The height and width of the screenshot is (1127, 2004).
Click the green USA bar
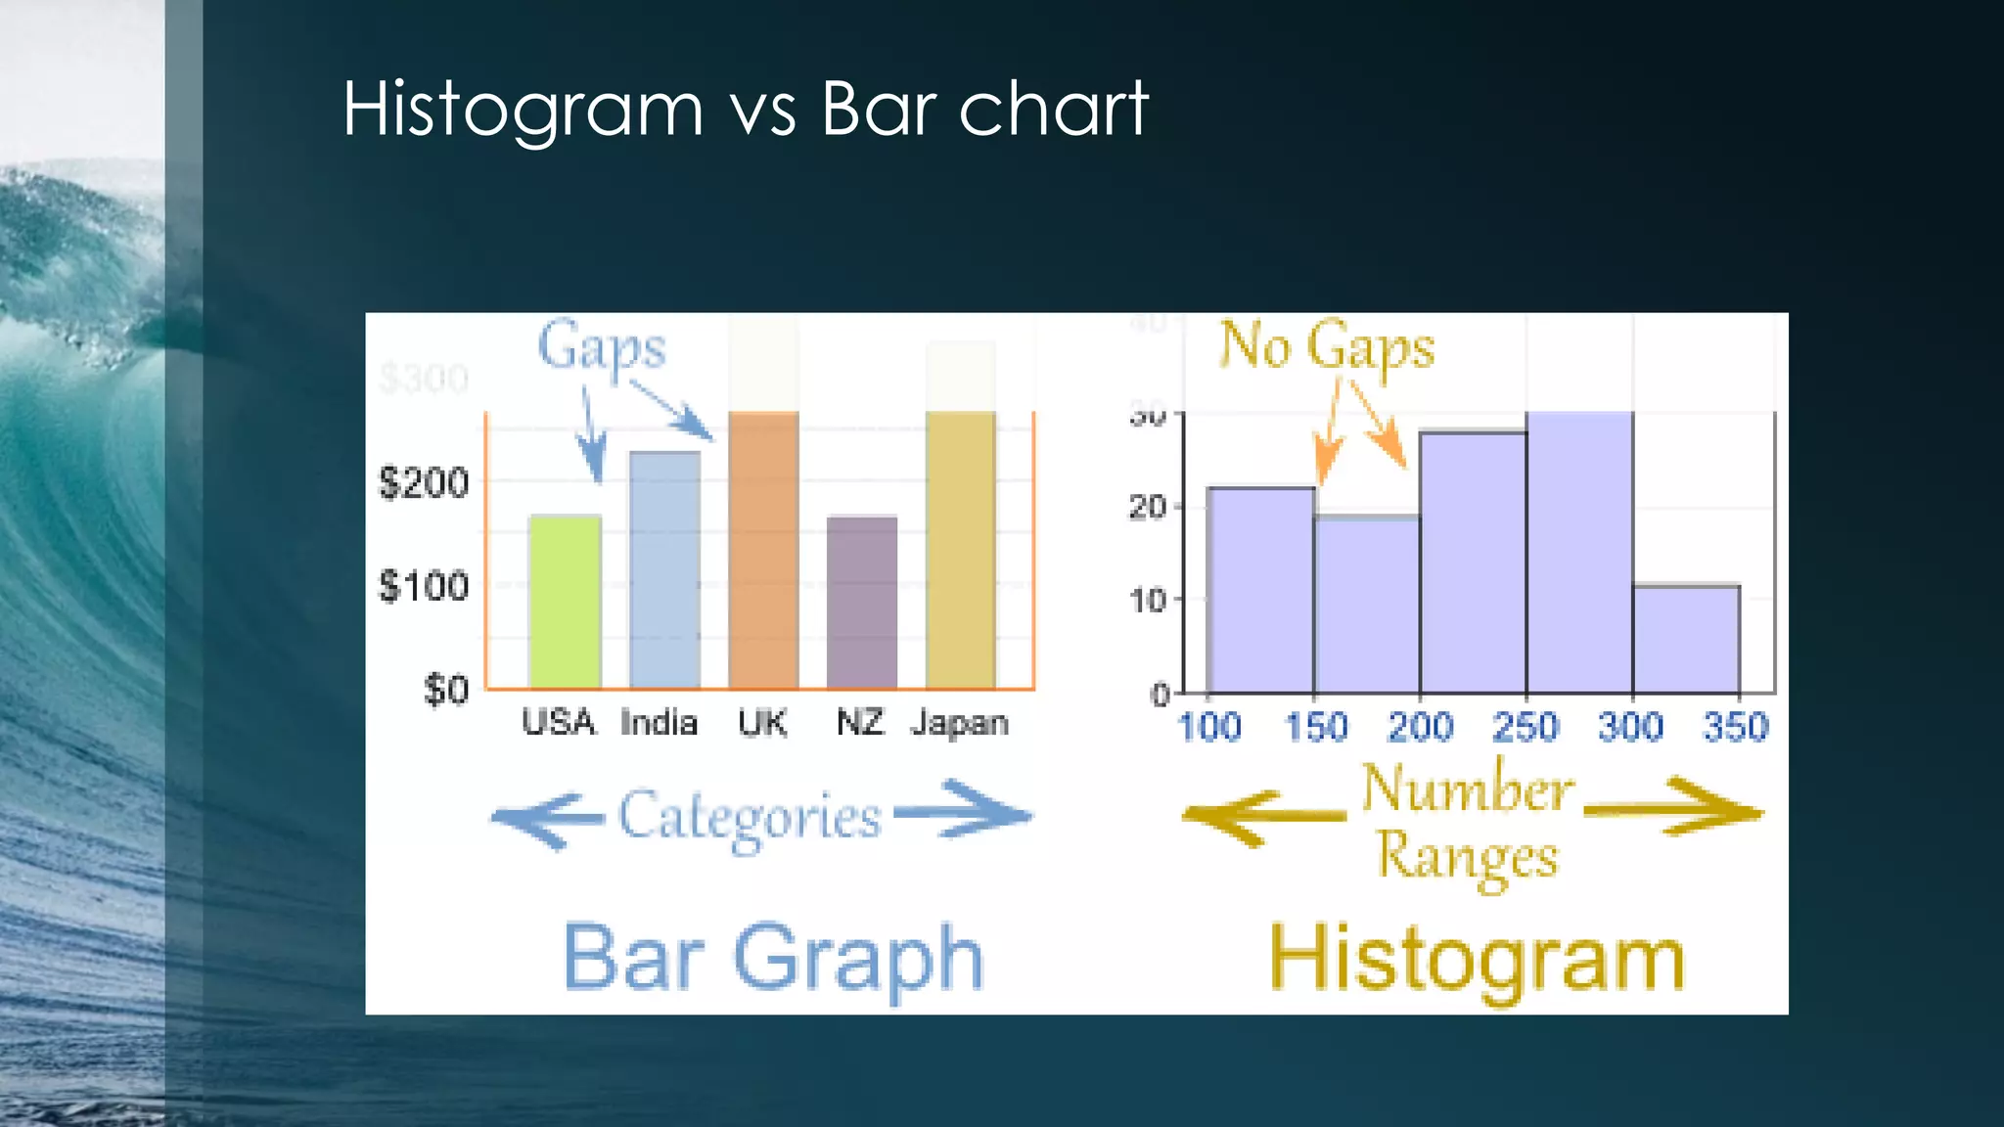(x=565, y=602)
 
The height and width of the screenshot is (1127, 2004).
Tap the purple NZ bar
(x=861, y=602)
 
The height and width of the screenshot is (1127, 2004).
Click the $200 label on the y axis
(x=424, y=482)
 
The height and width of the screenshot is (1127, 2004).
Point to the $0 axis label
(x=445, y=690)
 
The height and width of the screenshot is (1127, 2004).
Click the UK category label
(x=762, y=723)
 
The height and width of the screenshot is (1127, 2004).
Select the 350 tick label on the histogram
(x=1736, y=727)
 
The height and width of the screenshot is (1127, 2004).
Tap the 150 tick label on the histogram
(x=1316, y=727)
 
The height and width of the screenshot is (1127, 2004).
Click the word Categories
(x=750, y=817)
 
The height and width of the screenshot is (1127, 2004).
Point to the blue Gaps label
(x=601, y=347)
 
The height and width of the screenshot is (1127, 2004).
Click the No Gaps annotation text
(x=1326, y=346)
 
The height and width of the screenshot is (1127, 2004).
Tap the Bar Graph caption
(x=773, y=958)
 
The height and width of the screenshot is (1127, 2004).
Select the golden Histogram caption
(x=1477, y=960)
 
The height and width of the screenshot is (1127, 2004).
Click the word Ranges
(x=1467, y=856)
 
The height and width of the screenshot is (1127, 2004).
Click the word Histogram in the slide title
(x=524, y=109)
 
